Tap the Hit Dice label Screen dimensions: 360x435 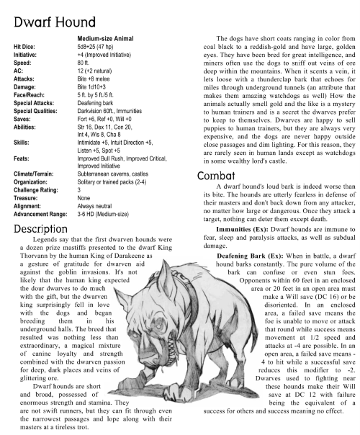[25, 45]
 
